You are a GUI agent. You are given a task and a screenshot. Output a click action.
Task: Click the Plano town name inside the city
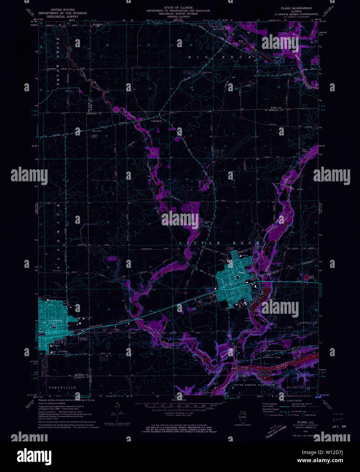(x=241, y=273)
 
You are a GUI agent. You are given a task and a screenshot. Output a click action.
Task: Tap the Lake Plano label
(x=311, y=278)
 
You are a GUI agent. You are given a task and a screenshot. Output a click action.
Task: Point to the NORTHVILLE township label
(x=58, y=387)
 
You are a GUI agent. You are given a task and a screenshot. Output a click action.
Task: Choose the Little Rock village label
(x=157, y=121)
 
